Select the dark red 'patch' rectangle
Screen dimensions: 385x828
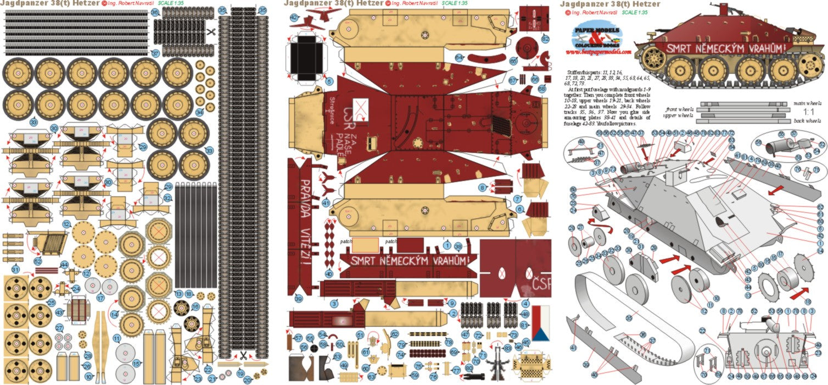410,245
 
